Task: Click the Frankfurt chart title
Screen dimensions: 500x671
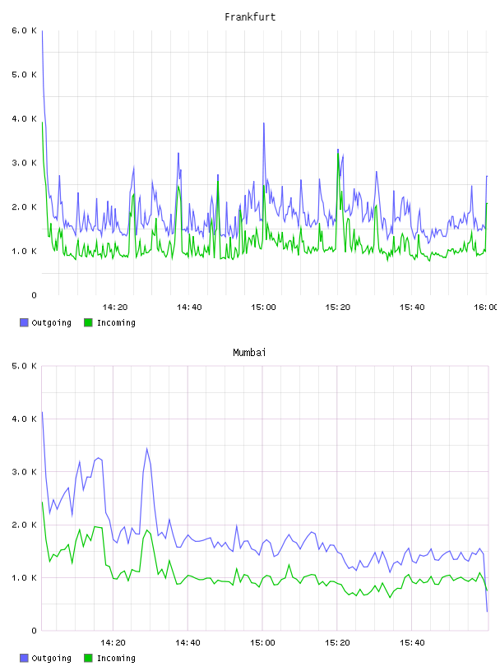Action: [x=250, y=16]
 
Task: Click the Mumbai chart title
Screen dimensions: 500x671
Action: [x=249, y=352]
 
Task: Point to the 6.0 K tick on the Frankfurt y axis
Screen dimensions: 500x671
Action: [x=24, y=30]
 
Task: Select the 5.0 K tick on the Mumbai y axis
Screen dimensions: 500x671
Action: [x=24, y=366]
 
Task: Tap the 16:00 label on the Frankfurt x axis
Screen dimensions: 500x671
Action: [x=486, y=307]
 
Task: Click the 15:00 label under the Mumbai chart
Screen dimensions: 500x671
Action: [x=262, y=642]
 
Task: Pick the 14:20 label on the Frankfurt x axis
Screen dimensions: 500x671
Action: [x=115, y=307]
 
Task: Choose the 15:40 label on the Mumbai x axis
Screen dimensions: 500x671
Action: [x=412, y=642]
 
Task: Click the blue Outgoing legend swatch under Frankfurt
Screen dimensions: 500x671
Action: [x=24, y=322]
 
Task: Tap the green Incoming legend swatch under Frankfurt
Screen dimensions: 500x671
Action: [x=88, y=322]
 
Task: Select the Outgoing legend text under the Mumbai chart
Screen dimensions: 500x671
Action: [x=51, y=658]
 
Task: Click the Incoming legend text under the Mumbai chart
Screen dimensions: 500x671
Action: [x=116, y=658]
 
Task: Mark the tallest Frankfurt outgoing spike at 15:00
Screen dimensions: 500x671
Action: [x=264, y=123]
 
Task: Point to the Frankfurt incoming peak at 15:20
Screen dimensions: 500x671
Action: [x=338, y=154]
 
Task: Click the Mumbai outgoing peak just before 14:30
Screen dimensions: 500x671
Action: [x=147, y=448]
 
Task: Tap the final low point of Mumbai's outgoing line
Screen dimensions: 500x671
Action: [x=487, y=611]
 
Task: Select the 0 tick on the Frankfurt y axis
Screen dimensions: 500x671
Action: [x=34, y=295]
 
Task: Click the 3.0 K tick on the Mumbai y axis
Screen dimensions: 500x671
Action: [x=24, y=471]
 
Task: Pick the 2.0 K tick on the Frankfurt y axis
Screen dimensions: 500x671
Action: [x=24, y=207]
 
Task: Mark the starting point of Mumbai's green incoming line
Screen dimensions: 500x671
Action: [x=42, y=502]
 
